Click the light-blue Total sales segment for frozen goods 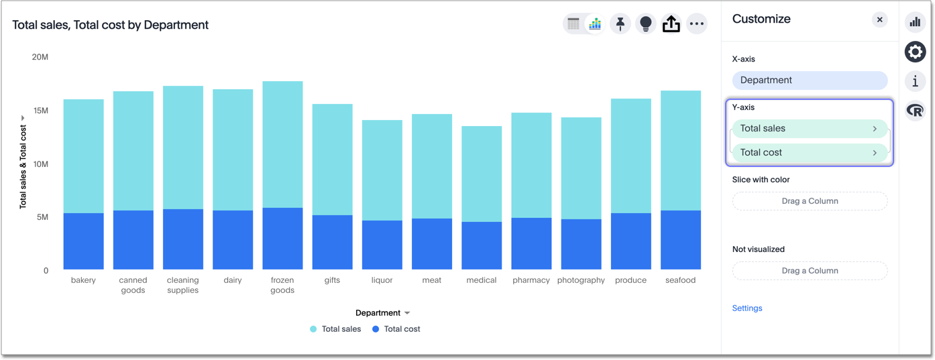click(x=282, y=144)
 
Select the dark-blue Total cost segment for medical click(x=482, y=245)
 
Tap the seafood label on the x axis click(x=680, y=280)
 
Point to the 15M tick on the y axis click(x=40, y=111)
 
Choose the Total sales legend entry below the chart click(x=335, y=329)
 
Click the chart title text click(x=110, y=25)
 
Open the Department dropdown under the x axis click(x=382, y=313)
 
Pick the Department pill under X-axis click(x=809, y=80)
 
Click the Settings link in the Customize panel click(x=747, y=308)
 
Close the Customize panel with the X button click(x=879, y=19)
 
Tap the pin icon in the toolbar click(x=620, y=24)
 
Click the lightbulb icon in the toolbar click(x=645, y=24)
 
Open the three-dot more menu click(x=697, y=24)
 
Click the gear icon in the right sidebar click(x=915, y=52)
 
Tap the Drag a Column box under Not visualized click(x=809, y=271)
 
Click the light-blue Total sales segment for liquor click(x=382, y=170)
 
